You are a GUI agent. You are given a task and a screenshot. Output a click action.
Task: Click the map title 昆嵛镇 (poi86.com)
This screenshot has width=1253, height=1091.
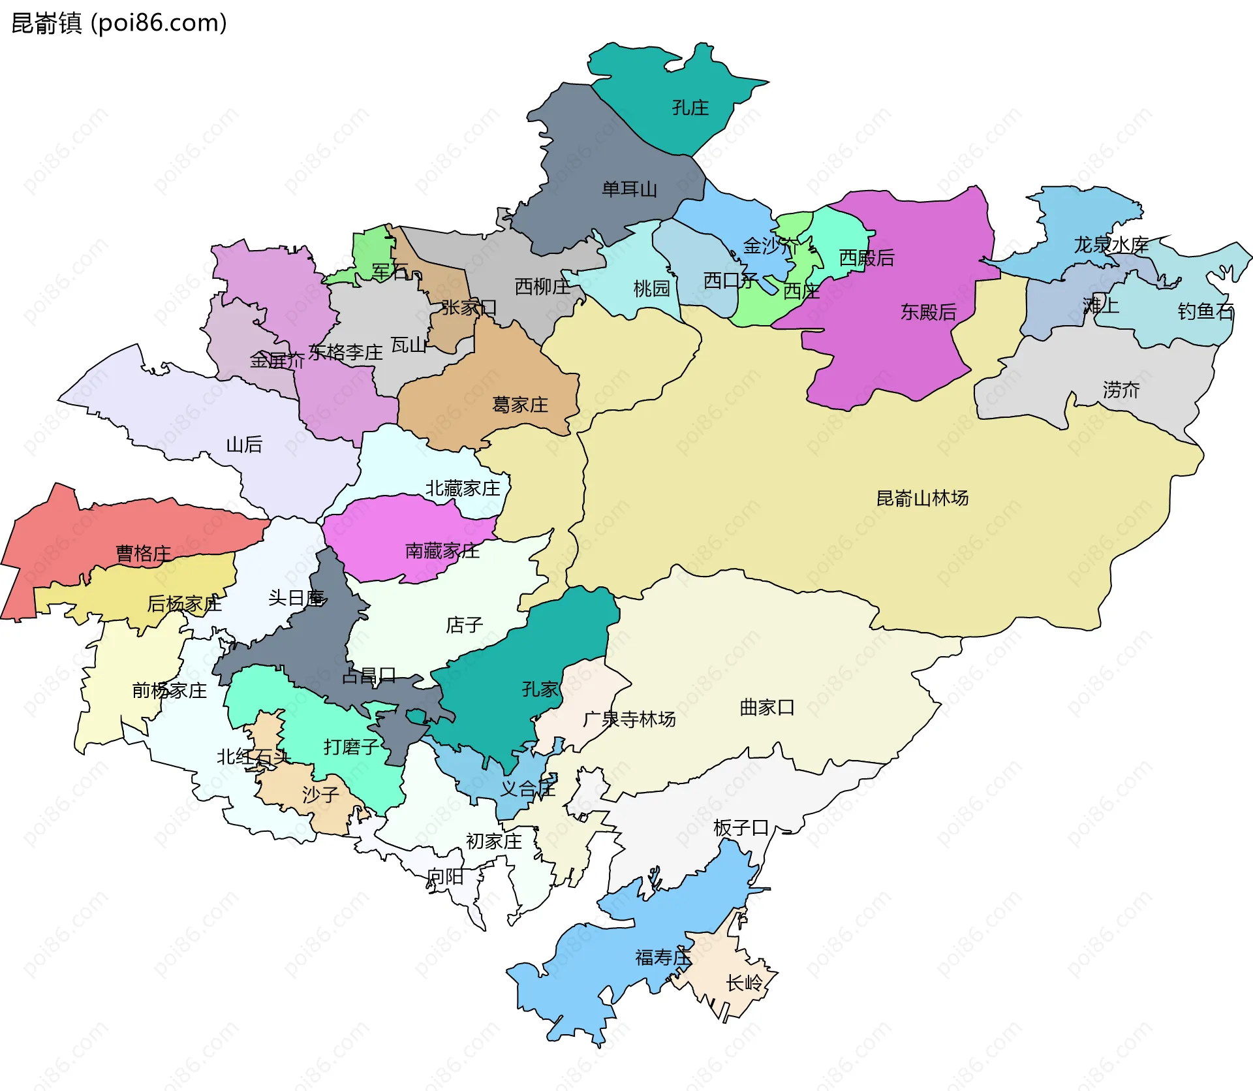pos(119,23)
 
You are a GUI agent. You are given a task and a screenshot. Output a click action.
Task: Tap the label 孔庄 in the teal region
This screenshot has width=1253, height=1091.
pos(690,108)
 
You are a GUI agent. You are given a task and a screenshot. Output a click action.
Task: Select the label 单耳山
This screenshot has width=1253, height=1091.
pos(629,189)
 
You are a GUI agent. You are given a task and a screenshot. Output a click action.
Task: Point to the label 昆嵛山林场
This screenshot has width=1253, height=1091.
pos(921,499)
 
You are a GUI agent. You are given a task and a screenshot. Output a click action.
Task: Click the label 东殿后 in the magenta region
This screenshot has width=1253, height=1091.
pos(928,312)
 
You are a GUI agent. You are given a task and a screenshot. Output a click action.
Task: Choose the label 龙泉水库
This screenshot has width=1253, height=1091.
pos(1111,245)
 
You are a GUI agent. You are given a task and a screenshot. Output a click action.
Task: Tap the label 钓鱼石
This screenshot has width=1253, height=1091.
pos(1205,311)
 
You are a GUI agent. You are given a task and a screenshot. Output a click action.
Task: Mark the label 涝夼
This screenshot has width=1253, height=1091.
pos(1121,390)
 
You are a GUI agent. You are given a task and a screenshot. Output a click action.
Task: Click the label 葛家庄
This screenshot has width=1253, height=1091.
pos(519,405)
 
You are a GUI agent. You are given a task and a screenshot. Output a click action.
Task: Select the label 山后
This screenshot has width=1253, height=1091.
pos(244,445)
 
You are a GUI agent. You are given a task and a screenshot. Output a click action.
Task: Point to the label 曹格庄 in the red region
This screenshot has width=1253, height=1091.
pos(143,554)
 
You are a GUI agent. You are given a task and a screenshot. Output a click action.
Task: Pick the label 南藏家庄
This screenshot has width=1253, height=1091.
pos(442,551)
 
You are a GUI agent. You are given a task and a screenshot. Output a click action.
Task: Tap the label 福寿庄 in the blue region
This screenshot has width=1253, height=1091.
pos(662,958)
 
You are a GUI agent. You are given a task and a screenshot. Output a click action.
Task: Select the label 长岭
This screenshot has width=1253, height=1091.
pos(744,983)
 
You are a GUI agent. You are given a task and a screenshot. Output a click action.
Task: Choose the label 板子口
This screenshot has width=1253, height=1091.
pos(741,828)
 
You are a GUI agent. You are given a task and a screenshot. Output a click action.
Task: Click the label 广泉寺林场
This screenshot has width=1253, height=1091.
pos(629,719)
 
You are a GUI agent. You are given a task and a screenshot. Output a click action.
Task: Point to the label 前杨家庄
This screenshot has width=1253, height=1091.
pos(169,691)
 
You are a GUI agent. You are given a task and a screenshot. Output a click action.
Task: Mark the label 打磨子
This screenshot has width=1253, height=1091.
pos(351,747)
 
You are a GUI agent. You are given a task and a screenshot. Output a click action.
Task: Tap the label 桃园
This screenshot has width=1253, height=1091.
pos(651,289)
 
